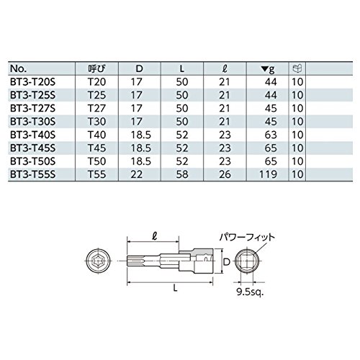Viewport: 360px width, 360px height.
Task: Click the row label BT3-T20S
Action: point(32,82)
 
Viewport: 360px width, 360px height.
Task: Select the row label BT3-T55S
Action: point(32,174)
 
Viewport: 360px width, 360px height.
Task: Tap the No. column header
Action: point(18,69)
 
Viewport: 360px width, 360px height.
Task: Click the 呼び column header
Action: point(97,69)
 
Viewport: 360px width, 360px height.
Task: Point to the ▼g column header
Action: point(268,69)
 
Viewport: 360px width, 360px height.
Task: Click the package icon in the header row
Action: point(297,68)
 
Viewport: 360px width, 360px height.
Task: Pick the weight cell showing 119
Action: point(268,174)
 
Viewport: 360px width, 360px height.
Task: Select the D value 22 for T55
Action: point(137,174)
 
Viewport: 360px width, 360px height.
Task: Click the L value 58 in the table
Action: point(182,174)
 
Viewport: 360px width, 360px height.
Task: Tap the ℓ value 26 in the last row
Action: point(225,174)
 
